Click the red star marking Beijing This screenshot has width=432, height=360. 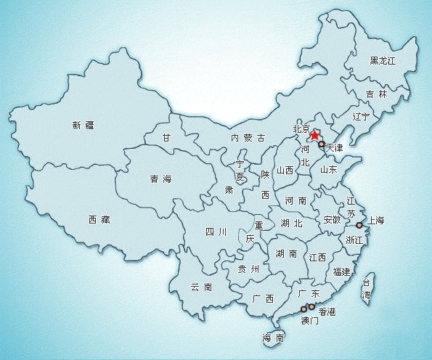(314, 134)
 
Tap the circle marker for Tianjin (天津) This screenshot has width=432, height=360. (321, 145)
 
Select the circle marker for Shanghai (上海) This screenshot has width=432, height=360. (359, 225)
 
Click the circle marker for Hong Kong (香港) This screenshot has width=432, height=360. (311, 307)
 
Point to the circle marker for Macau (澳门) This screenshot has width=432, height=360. (303, 310)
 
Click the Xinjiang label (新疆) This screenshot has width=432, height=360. (83, 125)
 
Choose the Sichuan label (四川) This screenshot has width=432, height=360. (217, 232)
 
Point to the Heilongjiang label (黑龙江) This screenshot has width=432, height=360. (383, 60)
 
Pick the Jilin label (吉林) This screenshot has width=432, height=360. (377, 94)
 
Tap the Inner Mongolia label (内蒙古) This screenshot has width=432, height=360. (248, 138)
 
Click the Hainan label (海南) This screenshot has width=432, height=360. (273, 337)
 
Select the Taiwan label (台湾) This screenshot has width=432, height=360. (367, 289)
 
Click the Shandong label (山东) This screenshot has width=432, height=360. (328, 169)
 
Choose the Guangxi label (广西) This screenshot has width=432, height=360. (263, 298)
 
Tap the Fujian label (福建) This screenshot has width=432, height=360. (341, 272)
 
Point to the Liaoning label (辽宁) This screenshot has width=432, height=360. (361, 116)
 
